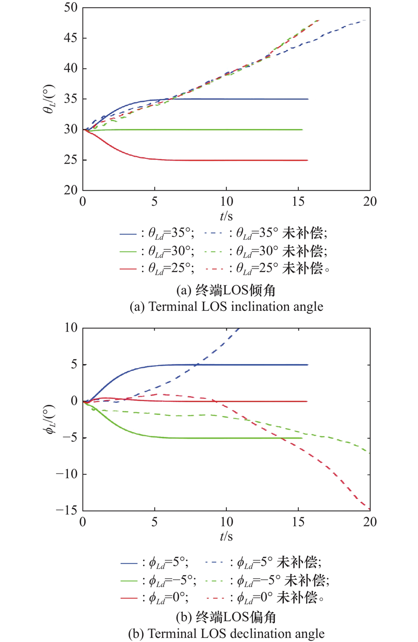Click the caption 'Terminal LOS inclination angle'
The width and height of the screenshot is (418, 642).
226,307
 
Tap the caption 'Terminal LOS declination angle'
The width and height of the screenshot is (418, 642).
226,634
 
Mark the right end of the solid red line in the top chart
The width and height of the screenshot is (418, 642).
308,160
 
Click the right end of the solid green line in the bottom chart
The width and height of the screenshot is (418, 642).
302,438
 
